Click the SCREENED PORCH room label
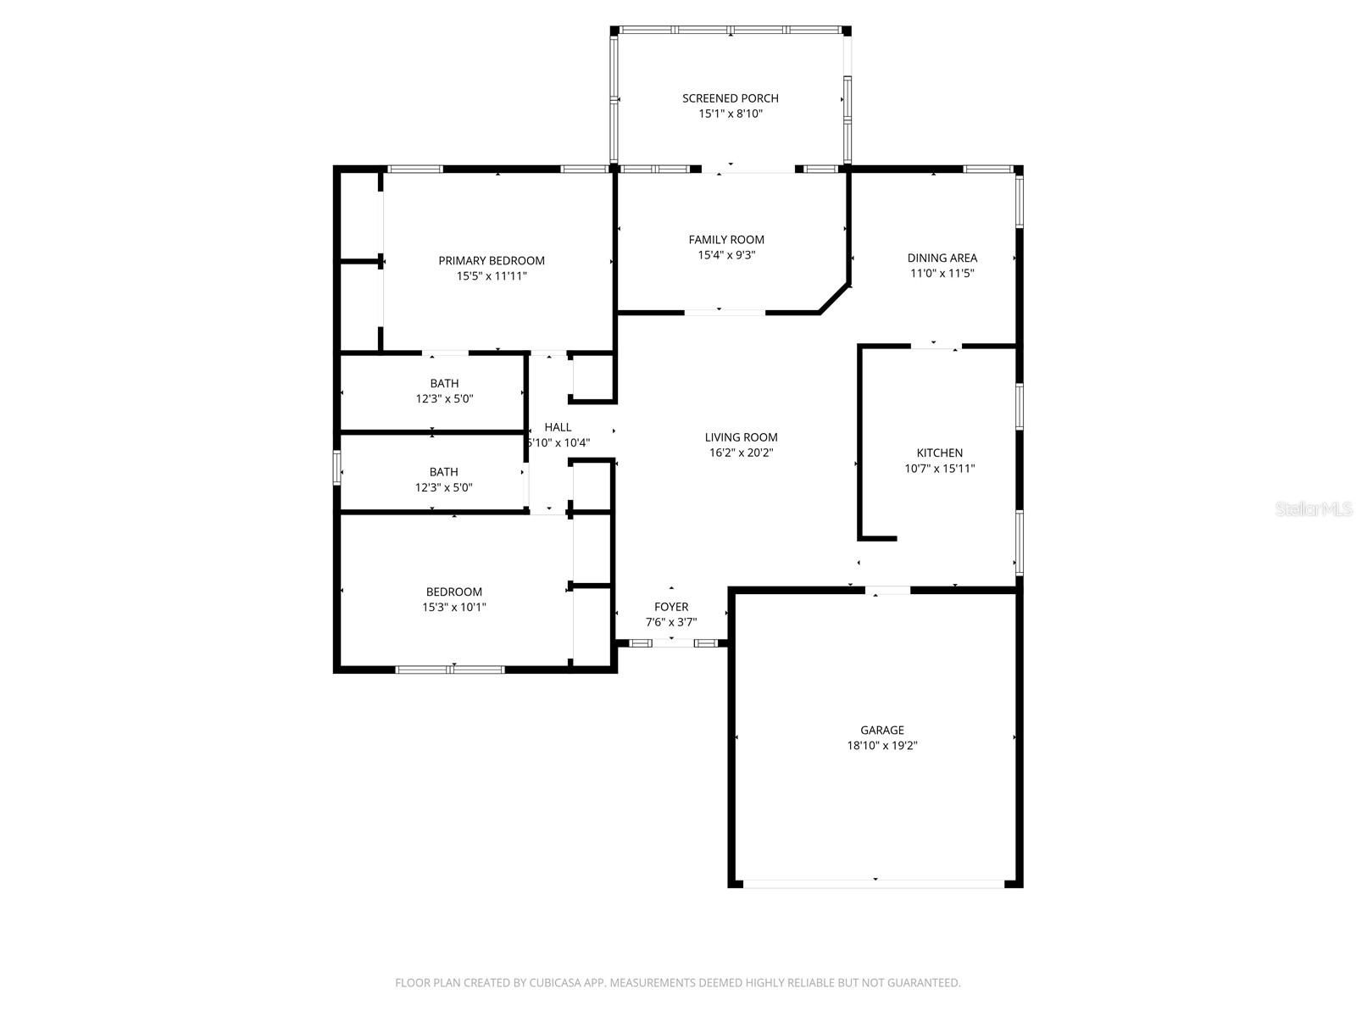click(731, 98)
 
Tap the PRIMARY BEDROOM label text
click(491, 260)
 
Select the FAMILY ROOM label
click(726, 240)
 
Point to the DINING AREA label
click(942, 258)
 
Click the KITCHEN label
click(940, 453)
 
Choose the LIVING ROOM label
click(742, 437)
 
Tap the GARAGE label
click(882, 730)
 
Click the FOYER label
click(671, 607)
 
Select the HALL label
click(558, 427)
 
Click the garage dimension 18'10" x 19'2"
click(882, 745)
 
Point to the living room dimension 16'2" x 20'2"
click(742, 453)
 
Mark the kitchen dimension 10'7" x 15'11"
click(940, 468)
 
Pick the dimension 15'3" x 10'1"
click(454, 607)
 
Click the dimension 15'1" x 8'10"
click(731, 114)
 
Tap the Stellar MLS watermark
click(1314, 508)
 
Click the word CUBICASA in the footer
click(555, 982)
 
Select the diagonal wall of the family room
click(834, 298)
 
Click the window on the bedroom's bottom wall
click(450, 670)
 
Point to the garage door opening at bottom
click(874, 884)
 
